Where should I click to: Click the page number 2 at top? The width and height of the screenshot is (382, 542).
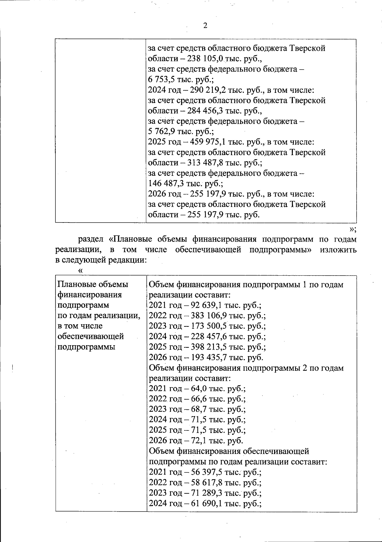coord(205,26)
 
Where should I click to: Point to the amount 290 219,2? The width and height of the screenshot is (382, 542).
coord(208,90)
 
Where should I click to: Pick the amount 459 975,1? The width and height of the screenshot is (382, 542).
coord(208,142)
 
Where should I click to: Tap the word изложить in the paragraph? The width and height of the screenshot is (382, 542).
coord(338,250)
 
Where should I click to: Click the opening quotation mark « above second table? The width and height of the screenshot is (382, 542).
coord(80,271)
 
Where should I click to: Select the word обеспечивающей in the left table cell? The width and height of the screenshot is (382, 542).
coord(91,336)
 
